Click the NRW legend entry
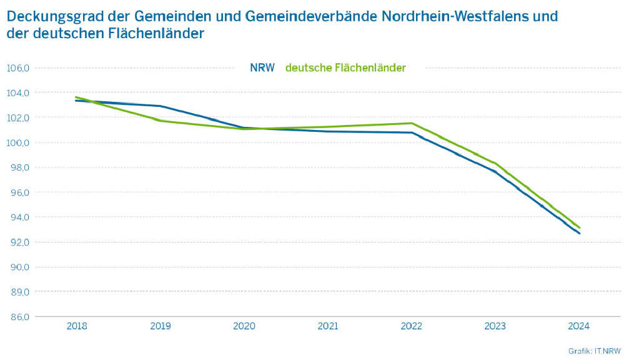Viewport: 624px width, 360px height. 262,67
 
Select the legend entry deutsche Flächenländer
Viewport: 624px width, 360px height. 345,67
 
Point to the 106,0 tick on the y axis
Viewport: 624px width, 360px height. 18,67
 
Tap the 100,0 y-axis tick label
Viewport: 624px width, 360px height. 18,142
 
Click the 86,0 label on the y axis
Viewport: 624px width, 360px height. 18,317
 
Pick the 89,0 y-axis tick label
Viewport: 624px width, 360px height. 18,292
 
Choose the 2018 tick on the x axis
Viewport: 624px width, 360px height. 77,326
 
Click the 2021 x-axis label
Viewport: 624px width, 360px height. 328,326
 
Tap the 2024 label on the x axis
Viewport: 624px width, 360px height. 579,326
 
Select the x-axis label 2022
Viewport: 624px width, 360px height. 412,326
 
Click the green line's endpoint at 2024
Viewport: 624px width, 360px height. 580,227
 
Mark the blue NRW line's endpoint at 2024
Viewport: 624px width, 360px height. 580,234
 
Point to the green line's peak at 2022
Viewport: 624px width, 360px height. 412,123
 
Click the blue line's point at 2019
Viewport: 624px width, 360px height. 161,106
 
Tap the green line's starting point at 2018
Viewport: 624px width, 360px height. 76,97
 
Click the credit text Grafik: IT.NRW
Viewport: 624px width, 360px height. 592,351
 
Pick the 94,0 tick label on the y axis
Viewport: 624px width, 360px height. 18,217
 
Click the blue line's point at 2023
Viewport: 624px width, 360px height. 495,172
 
